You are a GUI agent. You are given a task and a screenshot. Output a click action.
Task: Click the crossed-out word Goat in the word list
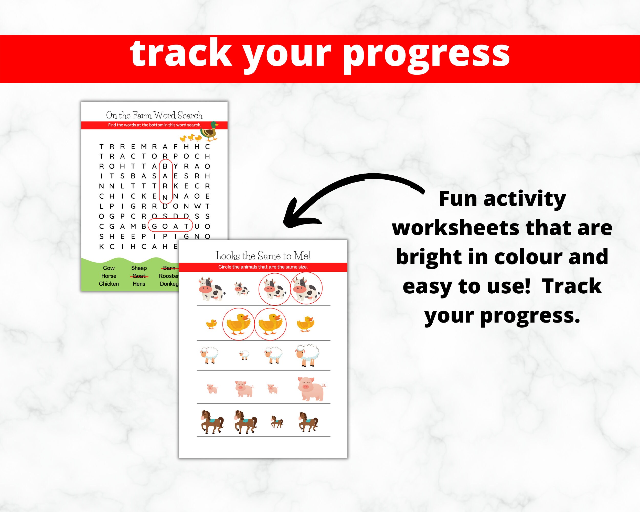coord(139,276)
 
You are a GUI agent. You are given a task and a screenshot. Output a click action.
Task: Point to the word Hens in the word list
coord(139,284)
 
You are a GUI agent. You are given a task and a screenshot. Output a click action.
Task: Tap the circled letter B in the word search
coord(165,166)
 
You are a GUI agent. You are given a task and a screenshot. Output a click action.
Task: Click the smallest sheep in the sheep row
coord(244,355)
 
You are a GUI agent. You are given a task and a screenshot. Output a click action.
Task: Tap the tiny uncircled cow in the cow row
coord(242,289)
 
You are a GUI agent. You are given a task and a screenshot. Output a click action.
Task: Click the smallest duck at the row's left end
coord(211,324)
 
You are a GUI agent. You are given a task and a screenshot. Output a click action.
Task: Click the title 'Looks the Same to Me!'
coord(263,255)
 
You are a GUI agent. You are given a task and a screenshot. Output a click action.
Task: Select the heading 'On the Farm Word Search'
coord(154,115)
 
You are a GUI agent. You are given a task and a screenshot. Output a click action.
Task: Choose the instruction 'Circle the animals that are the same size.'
coord(263,267)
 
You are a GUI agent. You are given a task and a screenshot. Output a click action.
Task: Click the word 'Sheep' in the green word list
coord(139,268)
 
